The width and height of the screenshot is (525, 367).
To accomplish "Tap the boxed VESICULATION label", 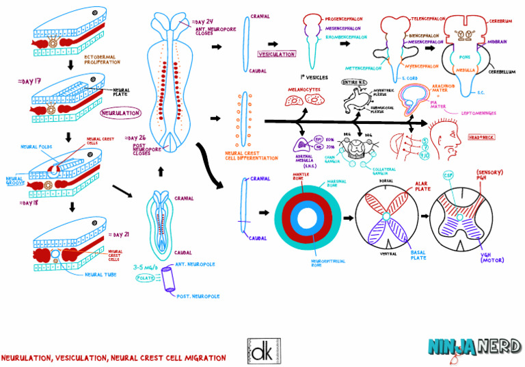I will [276, 54].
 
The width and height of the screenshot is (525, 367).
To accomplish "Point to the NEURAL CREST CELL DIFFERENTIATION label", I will [251, 155].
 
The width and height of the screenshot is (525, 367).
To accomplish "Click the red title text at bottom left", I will [113, 358].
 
